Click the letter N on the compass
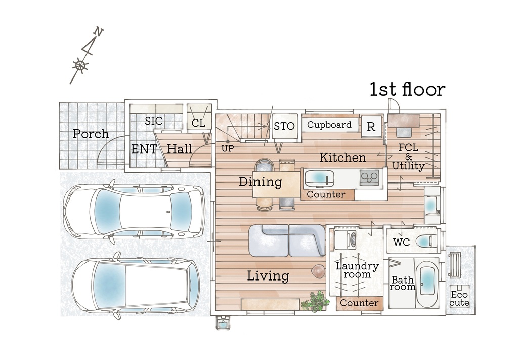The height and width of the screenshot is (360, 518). click(x=99, y=32)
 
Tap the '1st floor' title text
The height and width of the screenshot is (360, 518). click(x=407, y=89)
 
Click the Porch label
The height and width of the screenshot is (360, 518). click(x=91, y=134)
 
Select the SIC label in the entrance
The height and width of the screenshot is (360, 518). click(x=154, y=121)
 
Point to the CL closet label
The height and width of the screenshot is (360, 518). click(x=198, y=123)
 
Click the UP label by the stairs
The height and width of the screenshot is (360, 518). click(x=227, y=149)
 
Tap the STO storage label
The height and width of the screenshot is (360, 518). click(x=284, y=126)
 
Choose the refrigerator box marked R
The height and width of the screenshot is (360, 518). click(x=371, y=126)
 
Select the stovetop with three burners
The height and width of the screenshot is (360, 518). click(x=369, y=177)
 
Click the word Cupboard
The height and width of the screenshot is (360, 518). click(x=329, y=125)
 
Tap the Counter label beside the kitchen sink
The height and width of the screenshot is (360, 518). click(x=326, y=194)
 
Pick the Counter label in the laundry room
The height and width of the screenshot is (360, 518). click(x=359, y=303)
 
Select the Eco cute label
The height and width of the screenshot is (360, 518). click(x=460, y=299)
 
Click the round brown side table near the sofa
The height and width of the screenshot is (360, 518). click(x=319, y=271)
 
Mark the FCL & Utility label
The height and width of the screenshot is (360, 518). click(x=408, y=156)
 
